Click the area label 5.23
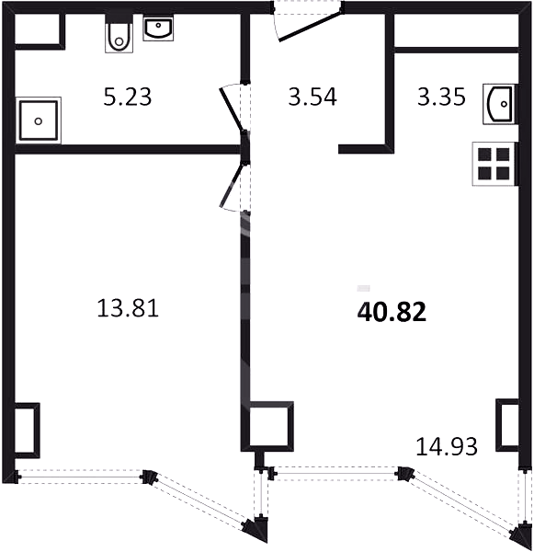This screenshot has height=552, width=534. click(128, 97)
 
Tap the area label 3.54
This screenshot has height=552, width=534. click(312, 97)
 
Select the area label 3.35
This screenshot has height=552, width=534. click(441, 97)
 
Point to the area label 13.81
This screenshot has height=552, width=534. click(128, 308)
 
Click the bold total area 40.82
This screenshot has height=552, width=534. click(392, 312)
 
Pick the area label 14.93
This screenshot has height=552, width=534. click(447, 446)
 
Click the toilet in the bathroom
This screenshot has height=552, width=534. click(119, 33)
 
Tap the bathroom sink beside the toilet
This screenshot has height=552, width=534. click(158, 29)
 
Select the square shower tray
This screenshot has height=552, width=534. click(39, 121)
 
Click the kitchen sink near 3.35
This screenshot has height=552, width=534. click(500, 104)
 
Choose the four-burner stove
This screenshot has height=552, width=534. click(494, 164)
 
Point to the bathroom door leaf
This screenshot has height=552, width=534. click(232, 109)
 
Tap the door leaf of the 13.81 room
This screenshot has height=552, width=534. click(231, 186)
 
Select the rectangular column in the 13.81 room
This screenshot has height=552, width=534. click(27, 431)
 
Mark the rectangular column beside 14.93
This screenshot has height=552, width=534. click(507, 425)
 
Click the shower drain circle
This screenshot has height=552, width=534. click(39, 121)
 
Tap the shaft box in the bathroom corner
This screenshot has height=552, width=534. click(40, 30)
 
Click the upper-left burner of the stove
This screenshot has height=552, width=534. click(484, 155)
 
